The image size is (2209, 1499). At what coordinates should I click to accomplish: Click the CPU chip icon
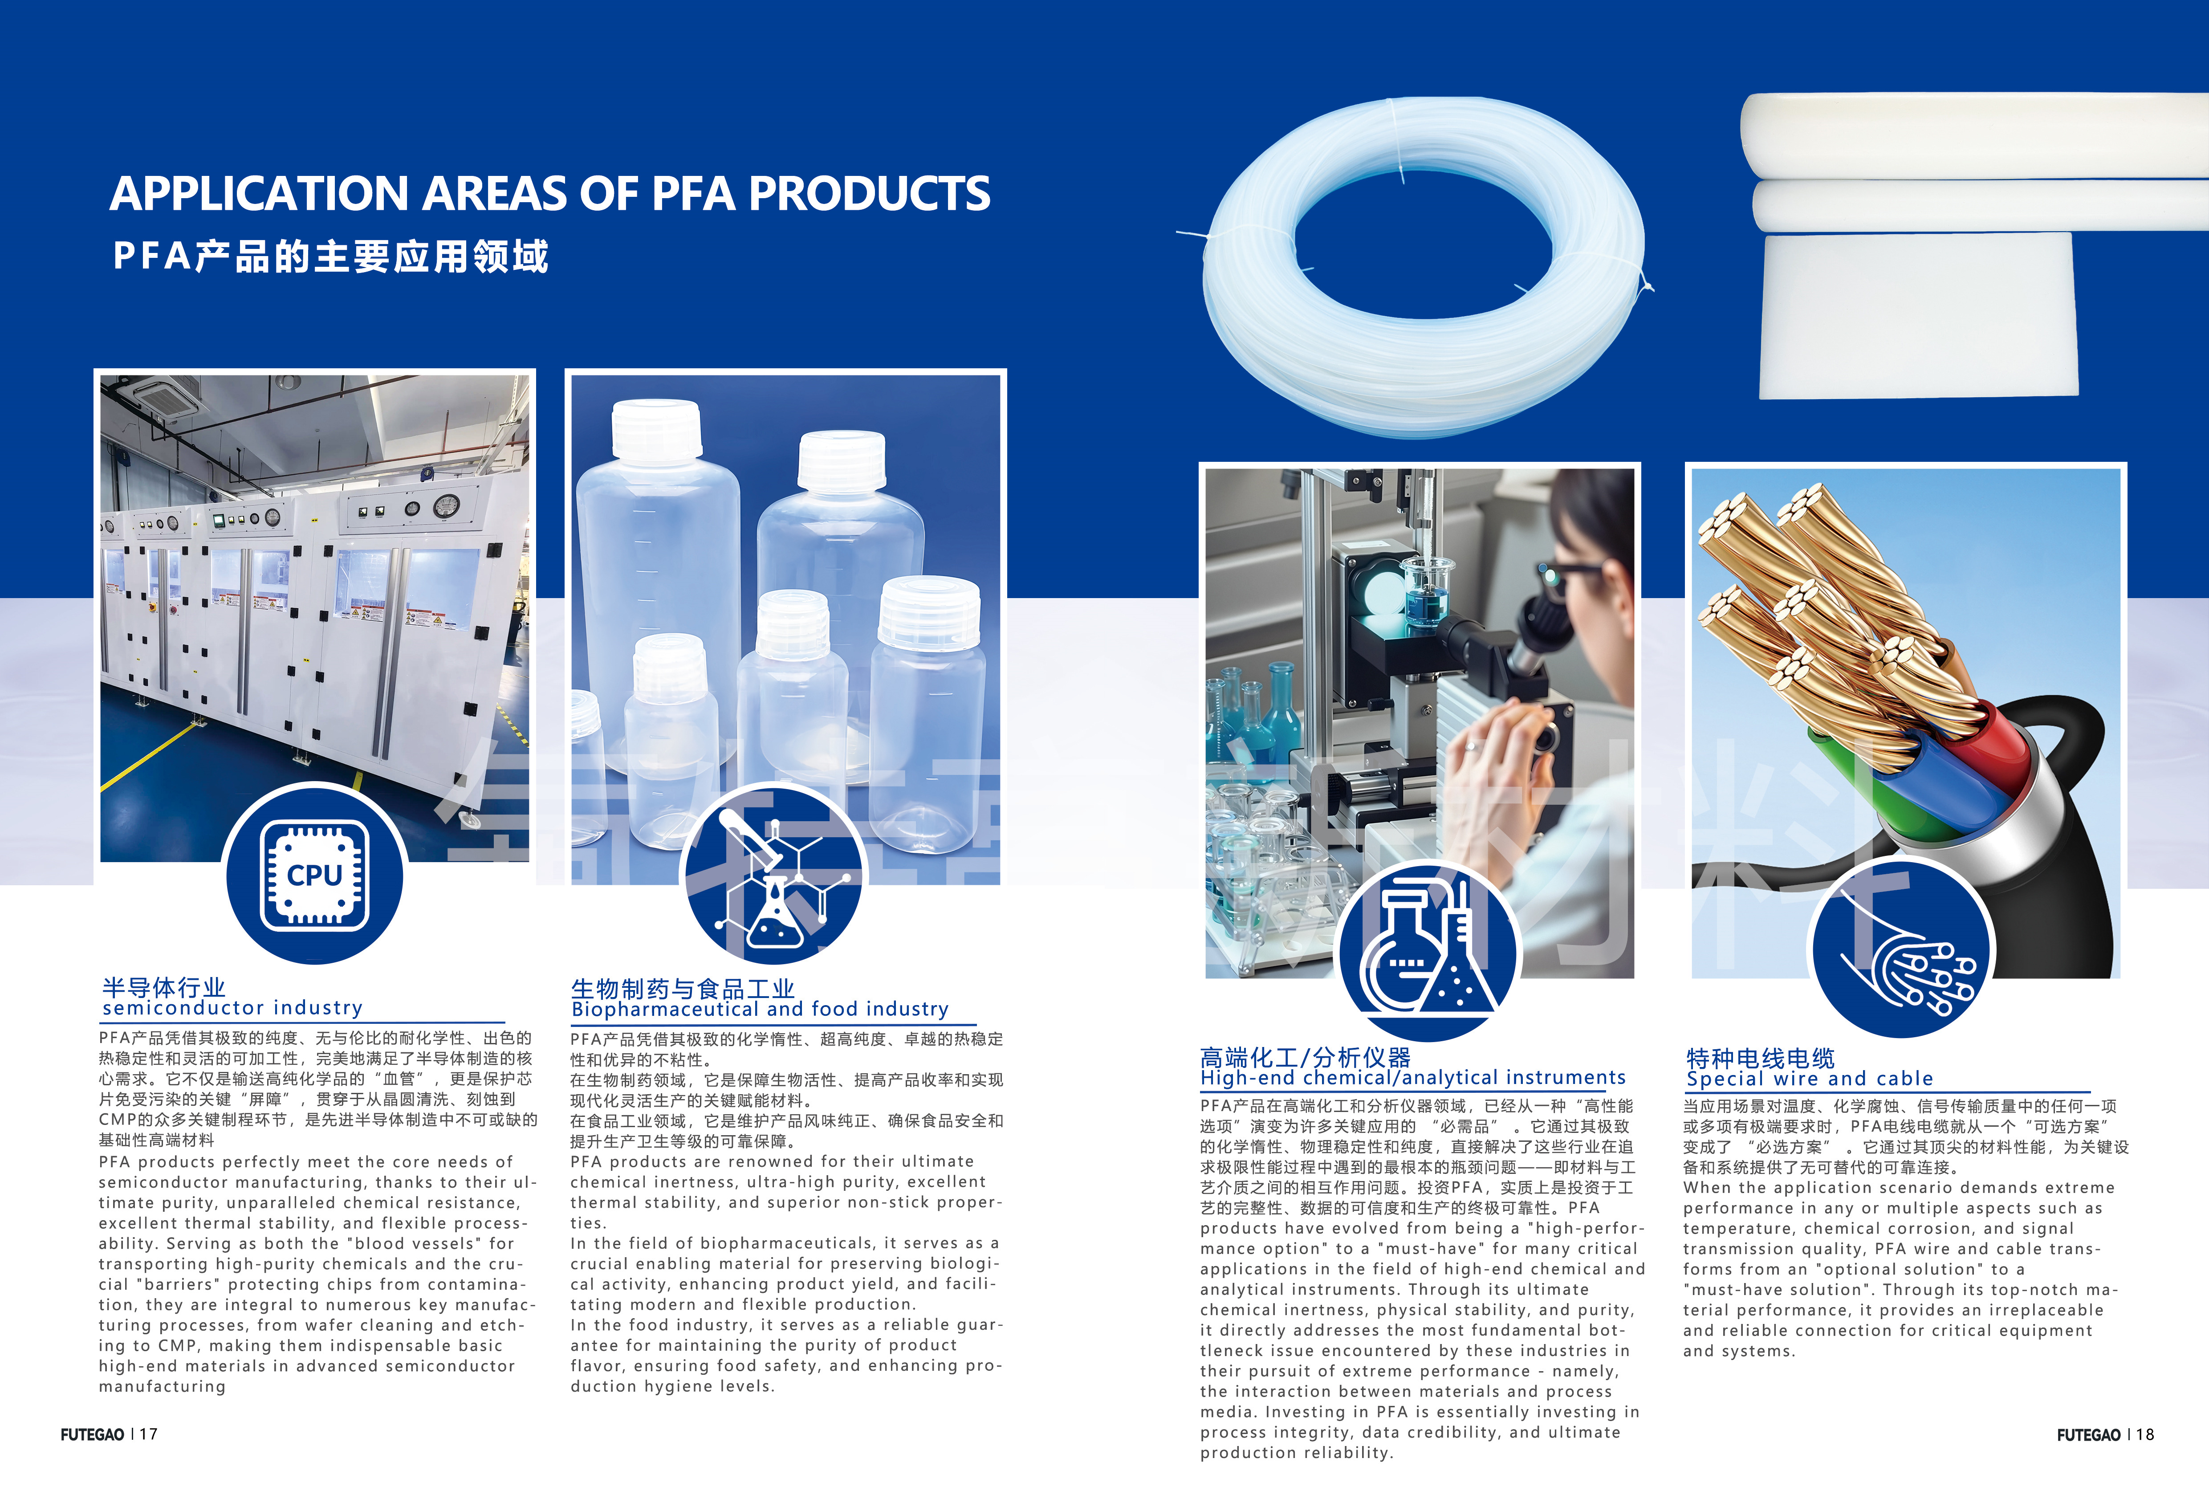pyautogui.click(x=315, y=874)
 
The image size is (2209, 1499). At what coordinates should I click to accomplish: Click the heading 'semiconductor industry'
pyautogui.click(x=233, y=1007)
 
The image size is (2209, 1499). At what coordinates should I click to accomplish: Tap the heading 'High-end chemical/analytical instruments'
pyautogui.click(x=1412, y=1078)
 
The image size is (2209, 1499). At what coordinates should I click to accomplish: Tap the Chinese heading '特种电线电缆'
pyautogui.click(x=1760, y=1058)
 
